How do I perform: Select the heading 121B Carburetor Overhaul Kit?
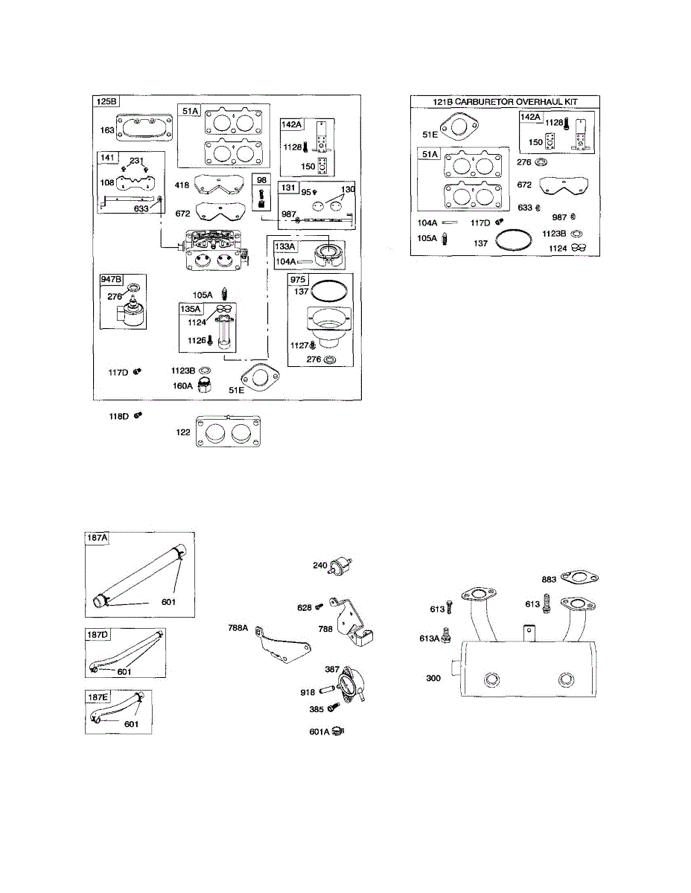point(506,102)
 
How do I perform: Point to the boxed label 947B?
point(112,280)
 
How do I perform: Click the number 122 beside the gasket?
point(183,432)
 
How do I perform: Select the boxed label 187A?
point(98,538)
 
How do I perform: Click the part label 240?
point(320,566)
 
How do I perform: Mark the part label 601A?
point(319,732)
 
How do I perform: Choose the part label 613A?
point(430,638)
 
